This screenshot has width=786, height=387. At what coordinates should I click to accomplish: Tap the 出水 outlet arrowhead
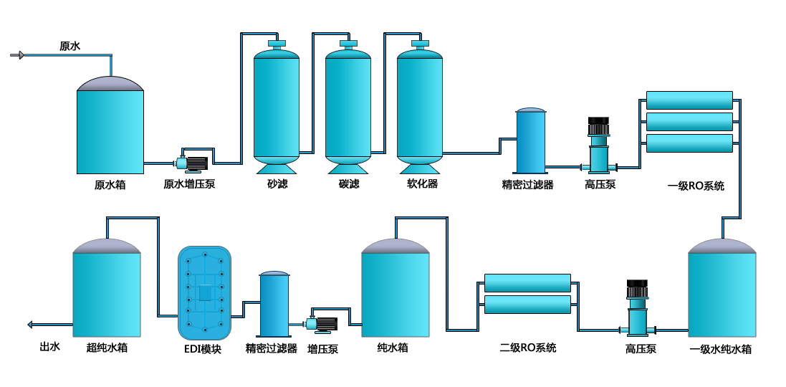(x=31, y=325)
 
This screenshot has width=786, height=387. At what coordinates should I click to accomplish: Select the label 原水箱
(x=110, y=184)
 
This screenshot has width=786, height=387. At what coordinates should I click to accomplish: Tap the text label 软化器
(x=422, y=183)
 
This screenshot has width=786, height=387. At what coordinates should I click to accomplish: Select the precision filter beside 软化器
(x=531, y=140)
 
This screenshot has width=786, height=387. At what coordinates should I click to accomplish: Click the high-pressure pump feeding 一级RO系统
(x=598, y=146)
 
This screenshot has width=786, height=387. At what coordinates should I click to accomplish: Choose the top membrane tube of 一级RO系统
(x=689, y=100)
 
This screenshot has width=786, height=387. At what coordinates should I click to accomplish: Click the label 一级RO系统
(x=696, y=186)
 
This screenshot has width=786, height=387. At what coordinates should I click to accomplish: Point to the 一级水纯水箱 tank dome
(x=722, y=245)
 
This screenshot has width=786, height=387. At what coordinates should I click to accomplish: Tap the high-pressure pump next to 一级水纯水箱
(x=638, y=308)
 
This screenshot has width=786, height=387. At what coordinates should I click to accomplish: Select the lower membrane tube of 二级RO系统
(x=527, y=305)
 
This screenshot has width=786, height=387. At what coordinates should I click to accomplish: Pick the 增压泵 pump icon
(x=322, y=325)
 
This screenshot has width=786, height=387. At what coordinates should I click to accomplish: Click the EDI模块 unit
(x=205, y=292)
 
